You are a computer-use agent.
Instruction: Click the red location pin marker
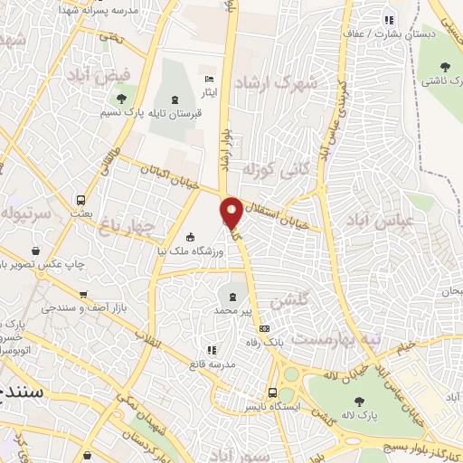[231, 213]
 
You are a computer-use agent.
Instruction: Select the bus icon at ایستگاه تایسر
[272, 392]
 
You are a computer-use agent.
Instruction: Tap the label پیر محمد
[232, 310]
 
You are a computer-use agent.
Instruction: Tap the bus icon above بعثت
[80, 200]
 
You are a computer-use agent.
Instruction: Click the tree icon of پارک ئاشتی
[445, 66]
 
